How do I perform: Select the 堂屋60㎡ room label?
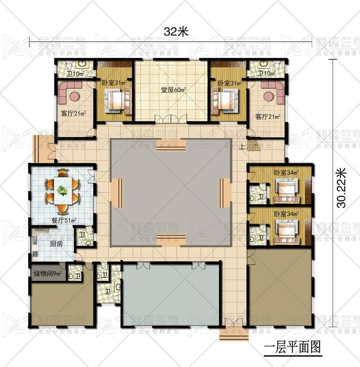coord(170,89)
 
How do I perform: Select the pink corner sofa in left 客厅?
coord(70,92)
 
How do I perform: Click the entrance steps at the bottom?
coord(231,335)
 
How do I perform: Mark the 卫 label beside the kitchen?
coord(82,234)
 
